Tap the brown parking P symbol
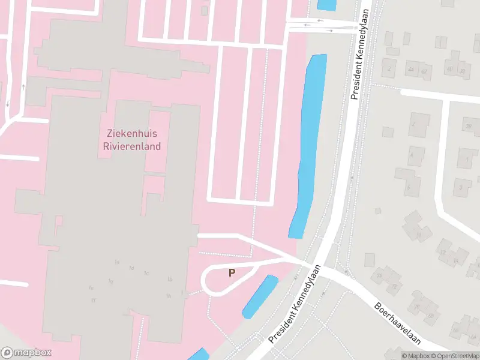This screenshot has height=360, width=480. click(x=232, y=272)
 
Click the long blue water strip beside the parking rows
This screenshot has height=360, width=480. click(x=310, y=144)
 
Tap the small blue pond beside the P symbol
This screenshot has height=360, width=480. click(x=260, y=296)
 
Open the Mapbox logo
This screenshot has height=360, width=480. click(x=27, y=353)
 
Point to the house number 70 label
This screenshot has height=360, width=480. click(x=416, y=306)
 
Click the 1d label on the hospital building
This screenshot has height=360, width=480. click(x=131, y=268)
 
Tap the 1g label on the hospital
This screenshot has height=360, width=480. click(x=111, y=281)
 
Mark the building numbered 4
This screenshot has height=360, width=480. click(x=412, y=155)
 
